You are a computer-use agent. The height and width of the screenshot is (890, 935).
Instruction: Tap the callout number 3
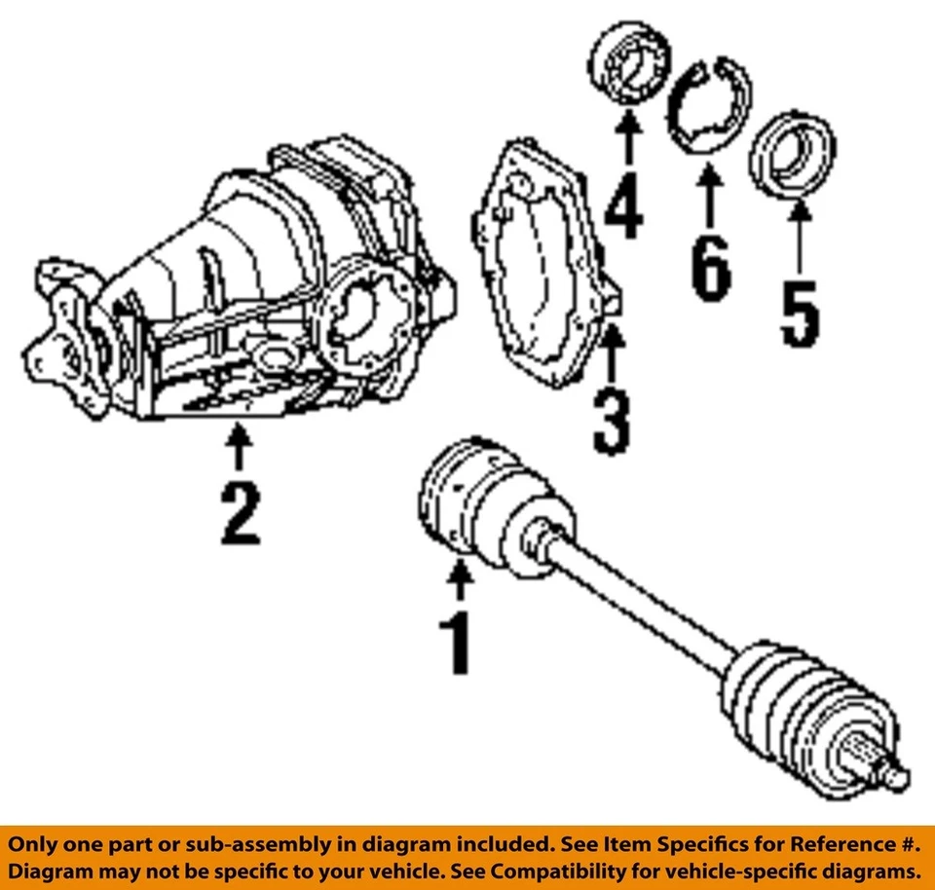(611, 421)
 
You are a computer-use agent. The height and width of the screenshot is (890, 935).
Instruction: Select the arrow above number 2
(239, 450)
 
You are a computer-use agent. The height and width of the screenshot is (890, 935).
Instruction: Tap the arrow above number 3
(611, 355)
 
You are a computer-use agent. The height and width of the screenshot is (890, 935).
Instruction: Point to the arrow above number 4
(628, 136)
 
